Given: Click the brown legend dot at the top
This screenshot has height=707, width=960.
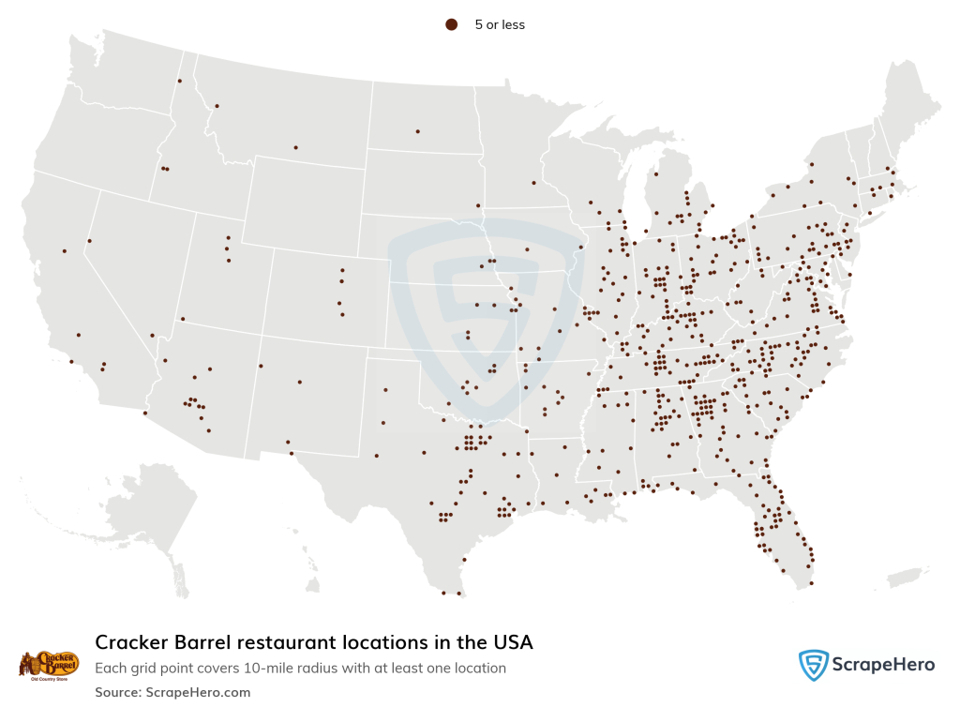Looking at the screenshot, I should tap(451, 25).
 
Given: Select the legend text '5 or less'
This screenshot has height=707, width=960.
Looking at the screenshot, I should tap(500, 25).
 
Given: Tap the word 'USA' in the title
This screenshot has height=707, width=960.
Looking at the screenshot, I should tap(511, 642).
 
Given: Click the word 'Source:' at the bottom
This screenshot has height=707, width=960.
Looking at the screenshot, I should tap(117, 692).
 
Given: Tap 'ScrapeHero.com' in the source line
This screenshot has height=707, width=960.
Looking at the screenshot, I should tap(198, 692).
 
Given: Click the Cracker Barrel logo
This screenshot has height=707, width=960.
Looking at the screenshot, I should tap(49, 665).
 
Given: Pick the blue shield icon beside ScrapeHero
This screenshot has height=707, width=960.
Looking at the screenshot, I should tap(813, 665).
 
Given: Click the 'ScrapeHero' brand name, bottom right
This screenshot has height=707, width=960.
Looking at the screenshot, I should tap(883, 665).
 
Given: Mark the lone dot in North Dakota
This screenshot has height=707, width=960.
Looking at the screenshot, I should tap(417, 131).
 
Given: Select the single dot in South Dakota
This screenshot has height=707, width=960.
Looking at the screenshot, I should tap(478, 205).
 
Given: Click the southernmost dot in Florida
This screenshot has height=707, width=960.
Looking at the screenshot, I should tap(811, 583).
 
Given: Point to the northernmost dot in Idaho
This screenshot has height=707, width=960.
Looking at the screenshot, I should tap(178, 81).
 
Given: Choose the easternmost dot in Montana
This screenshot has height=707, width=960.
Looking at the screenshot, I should tap(295, 147).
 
